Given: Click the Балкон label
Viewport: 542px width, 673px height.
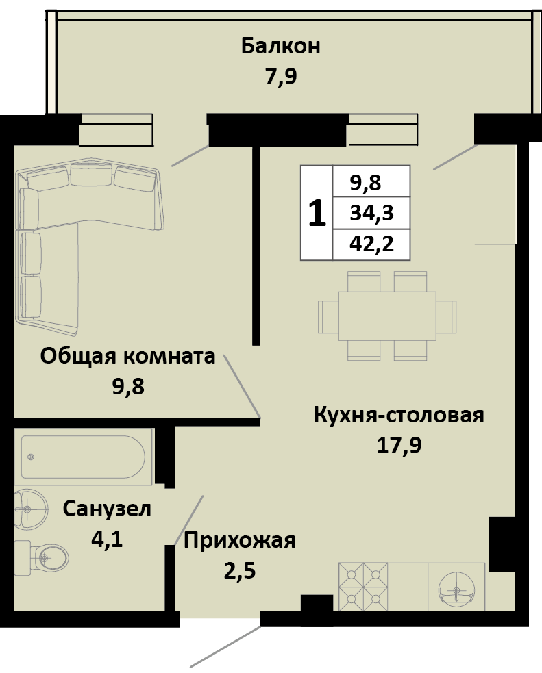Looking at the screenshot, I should [280, 47].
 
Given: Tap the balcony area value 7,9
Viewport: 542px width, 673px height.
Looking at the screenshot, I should [280, 76].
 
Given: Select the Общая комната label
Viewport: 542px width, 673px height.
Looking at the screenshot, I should [128, 356].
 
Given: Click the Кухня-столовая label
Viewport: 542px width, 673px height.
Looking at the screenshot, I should [399, 416].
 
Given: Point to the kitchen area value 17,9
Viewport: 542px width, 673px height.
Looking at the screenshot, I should [399, 445].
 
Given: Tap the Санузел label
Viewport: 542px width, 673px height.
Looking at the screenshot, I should [107, 509].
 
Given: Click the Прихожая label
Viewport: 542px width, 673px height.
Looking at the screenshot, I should [239, 541].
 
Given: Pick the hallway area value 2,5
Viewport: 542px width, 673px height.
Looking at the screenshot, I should [239, 570].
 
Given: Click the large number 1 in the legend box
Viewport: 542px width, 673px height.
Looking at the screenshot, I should [316, 214].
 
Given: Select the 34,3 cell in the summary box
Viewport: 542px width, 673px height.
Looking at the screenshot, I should [371, 213].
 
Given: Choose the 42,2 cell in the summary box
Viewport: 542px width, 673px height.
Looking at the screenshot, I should [371, 244].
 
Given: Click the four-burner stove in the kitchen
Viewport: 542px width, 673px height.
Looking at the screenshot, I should [363, 585].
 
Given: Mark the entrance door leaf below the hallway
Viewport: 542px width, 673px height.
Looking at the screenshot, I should [225, 644].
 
